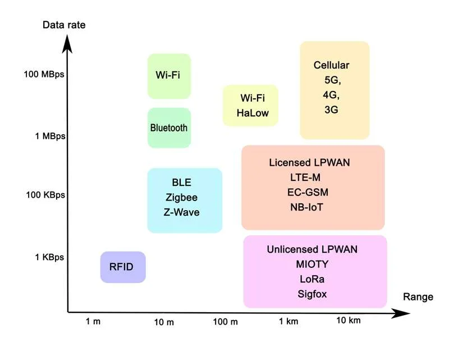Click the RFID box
coord(122,267)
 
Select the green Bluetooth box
coord(169,128)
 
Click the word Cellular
coord(331,65)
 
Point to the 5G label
coord(332,80)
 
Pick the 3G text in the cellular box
coord(331,110)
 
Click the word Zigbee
coord(181,198)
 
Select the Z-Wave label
coord(182,212)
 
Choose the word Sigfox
coord(313,294)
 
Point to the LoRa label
coord(313,279)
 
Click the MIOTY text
coord(312,264)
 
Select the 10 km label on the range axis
coord(348,320)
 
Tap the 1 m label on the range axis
coord(93,321)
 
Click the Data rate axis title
coord(65,25)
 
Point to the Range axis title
coord(418,297)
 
